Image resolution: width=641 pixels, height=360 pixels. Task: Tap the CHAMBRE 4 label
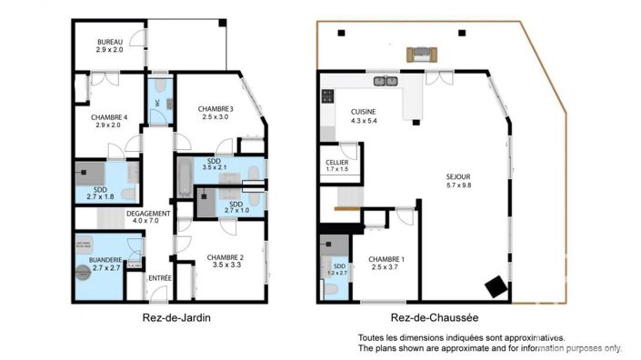[x=109, y=117]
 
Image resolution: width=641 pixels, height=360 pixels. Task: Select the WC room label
[x=157, y=104]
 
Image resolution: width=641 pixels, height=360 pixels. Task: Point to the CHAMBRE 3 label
[x=218, y=109]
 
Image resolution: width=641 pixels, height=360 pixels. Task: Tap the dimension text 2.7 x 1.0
[x=235, y=210]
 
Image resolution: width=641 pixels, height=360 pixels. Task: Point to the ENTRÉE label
[x=159, y=277]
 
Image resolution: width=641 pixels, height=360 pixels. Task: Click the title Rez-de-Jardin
[x=170, y=317]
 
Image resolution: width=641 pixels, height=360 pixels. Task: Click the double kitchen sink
[x=386, y=81]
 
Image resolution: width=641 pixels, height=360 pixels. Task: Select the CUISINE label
[x=365, y=113]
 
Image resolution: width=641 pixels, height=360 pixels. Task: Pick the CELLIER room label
[x=337, y=163]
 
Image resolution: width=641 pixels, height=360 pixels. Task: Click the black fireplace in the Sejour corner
[x=496, y=286]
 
